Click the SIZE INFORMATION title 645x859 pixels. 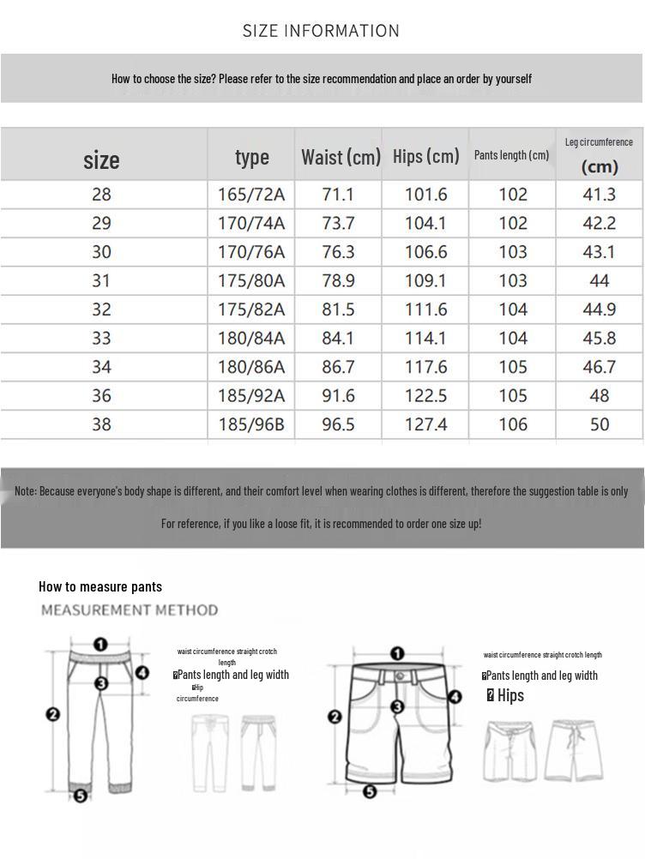321,31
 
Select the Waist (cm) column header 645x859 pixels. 341,157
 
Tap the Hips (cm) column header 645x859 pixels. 425,156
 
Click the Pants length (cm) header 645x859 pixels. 511,155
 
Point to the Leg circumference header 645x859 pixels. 599,142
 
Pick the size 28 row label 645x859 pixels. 101,195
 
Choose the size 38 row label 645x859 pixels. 101,424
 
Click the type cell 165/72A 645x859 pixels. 250,195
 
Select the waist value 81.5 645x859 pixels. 338,309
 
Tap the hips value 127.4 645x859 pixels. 425,424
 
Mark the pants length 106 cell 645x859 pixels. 513,424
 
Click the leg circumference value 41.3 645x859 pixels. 599,195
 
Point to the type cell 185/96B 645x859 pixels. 250,424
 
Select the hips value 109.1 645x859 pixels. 425,280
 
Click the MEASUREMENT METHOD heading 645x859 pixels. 130,610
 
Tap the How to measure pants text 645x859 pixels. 100,586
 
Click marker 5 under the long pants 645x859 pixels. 80,796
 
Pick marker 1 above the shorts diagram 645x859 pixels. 397,655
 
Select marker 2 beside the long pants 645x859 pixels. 53,713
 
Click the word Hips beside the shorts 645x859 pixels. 510,695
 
